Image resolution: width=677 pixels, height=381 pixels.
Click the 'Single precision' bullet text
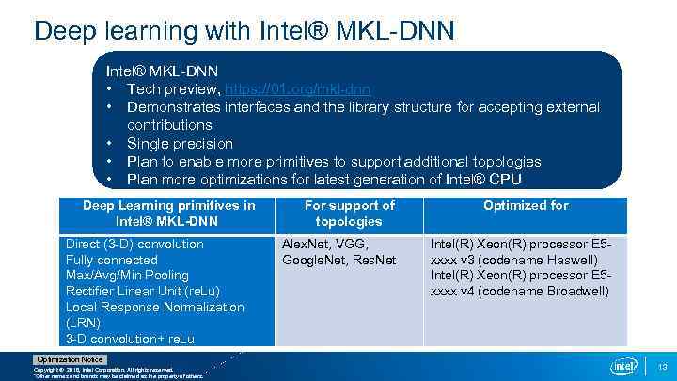pyautogui.click(x=180, y=144)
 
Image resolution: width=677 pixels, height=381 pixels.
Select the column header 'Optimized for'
pyautogui.click(x=527, y=205)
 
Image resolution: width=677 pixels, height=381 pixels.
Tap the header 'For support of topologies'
pyautogui.click(x=349, y=213)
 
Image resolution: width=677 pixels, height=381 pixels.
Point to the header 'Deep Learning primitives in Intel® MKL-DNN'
pyautogui.click(x=168, y=213)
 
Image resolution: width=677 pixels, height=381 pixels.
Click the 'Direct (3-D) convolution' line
pyautogui.click(x=134, y=245)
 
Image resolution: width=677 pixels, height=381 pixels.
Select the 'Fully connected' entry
pyautogui.click(x=112, y=261)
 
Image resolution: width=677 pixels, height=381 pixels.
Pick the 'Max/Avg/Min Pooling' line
pyautogui.click(x=127, y=276)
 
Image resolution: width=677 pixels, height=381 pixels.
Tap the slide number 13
pyautogui.click(x=662, y=366)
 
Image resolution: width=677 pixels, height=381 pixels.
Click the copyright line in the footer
pyautogui.click(x=103, y=371)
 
